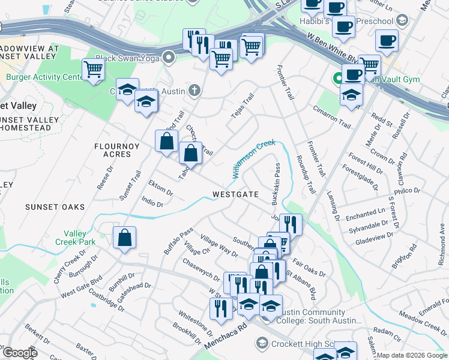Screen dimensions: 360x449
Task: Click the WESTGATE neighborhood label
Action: click(x=235, y=194)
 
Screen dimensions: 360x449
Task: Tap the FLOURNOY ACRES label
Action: click(x=112, y=150)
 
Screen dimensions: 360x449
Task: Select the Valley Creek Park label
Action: click(x=79, y=238)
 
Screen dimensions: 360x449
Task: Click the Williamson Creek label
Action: click(x=253, y=158)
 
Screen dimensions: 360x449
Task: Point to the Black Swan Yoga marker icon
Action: click(x=169, y=58)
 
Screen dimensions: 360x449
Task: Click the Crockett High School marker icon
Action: click(x=262, y=343)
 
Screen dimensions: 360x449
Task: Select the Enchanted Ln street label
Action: click(x=365, y=212)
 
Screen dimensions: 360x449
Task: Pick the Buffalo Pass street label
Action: click(x=179, y=240)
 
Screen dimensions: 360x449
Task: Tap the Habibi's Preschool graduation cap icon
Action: click(x=402, y=19)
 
